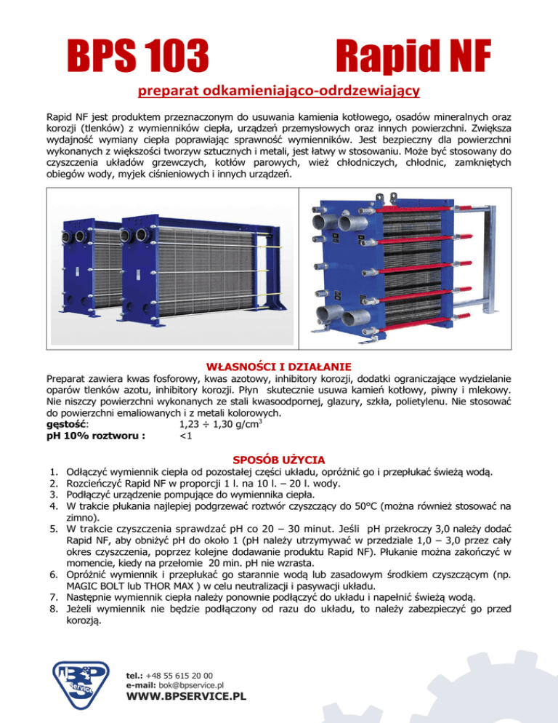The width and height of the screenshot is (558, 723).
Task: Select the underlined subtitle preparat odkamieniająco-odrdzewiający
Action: [x=279, y=92]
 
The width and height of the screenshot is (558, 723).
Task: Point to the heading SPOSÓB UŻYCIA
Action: [x=278, y=460]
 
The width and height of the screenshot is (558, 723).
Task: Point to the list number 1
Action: [x=51, y=472]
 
